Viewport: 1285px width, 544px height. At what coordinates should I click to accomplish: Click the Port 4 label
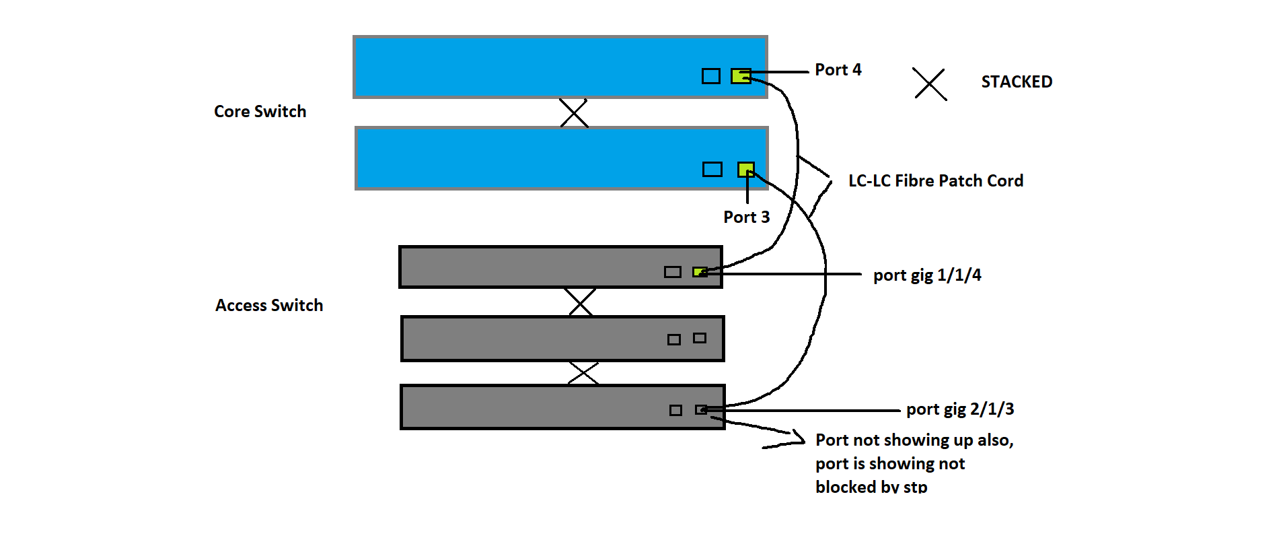click(x=838, y=70)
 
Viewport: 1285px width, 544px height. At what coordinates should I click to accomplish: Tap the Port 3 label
click(x=746, y=217)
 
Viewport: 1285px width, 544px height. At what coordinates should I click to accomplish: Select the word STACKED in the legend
click(x=1016, y=82)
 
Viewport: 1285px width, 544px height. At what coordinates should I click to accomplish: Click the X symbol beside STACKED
click(x=930, y=84)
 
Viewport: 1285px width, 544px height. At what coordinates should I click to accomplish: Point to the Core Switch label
click(x=260, y=112)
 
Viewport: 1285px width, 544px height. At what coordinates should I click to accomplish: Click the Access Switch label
click(x=269, y=306)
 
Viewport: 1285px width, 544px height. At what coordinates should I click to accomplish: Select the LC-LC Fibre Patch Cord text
click(x=935, y=181)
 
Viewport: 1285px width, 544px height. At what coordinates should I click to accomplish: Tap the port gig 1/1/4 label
click(x=927, y=275)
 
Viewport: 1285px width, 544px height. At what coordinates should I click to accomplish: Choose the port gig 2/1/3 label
click(x=960, y=409)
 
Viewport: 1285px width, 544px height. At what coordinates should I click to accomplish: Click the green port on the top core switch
click(x=741, y=76)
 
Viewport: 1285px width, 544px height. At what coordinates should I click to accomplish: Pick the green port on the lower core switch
click(x=745, y=169)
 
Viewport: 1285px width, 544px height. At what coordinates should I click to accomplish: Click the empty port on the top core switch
click(x=710, y=76)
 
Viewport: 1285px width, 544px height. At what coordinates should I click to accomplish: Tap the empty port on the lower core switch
click(x=712, y=169)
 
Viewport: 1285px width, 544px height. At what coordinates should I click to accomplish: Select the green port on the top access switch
click(x=700, y=272)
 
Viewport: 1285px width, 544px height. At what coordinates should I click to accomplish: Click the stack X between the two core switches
click(x=574, y=113)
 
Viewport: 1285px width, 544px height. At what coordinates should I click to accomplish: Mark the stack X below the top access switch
click(x=579, y=302)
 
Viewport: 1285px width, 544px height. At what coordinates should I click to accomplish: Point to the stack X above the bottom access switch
click(x=583, y=373)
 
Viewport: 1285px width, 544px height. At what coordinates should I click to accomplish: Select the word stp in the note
click(x=915, y=487)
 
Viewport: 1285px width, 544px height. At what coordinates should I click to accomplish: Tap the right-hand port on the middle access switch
click(x=700, y=338)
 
